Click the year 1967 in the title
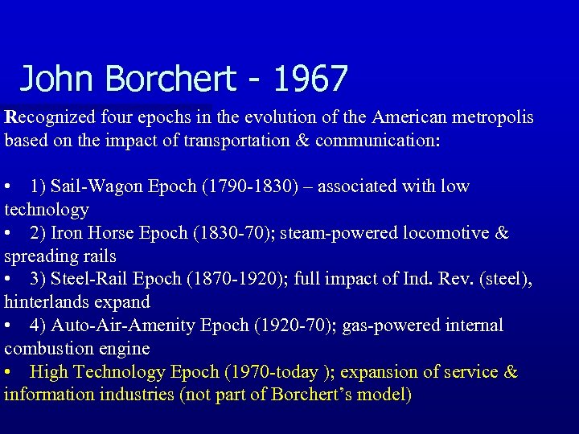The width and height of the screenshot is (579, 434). coord(310,79)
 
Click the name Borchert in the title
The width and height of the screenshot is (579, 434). coord(171,79)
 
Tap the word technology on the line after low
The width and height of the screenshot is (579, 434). coord(47,210)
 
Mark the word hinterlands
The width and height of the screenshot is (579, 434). coord(42,303)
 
